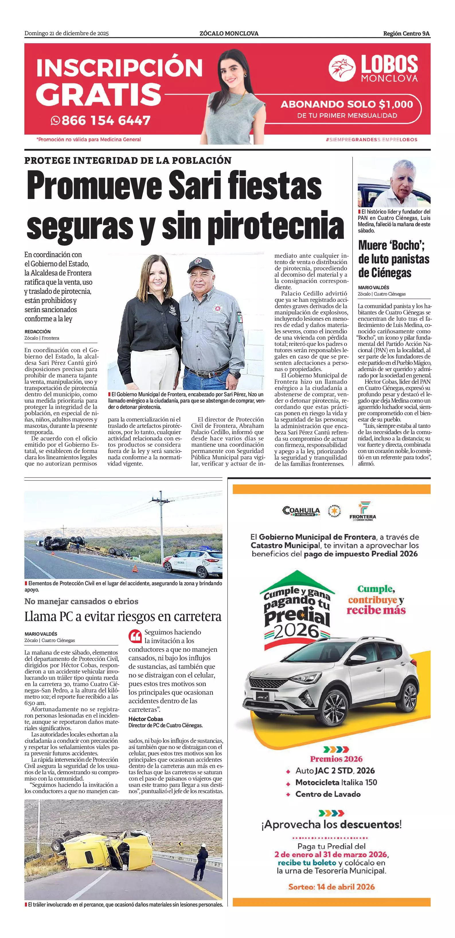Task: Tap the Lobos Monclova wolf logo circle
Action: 342,68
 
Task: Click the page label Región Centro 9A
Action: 406,33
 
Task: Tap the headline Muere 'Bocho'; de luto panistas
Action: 393,259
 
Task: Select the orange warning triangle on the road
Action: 135,568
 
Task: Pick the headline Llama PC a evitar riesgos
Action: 123,616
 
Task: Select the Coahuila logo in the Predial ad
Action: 301,511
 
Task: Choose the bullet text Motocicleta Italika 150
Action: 336,782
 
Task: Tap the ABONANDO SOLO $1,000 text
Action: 346,105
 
